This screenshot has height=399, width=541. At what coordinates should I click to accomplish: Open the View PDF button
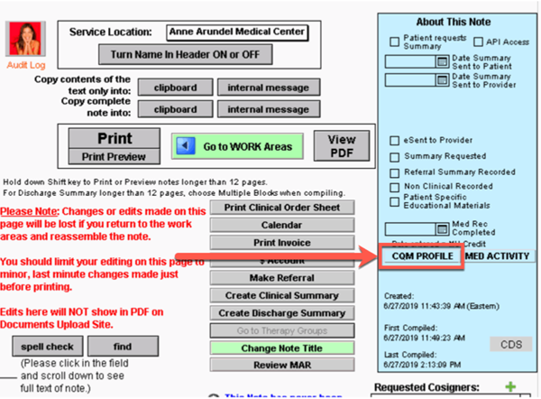342,146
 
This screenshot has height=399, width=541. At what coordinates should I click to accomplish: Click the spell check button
47,346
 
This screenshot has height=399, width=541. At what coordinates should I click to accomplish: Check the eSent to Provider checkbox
395,141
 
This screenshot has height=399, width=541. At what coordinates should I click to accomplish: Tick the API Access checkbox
479,42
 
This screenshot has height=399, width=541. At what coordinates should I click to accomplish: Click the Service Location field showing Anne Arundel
237,32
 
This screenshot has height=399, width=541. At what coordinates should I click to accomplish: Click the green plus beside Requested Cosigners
511,387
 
